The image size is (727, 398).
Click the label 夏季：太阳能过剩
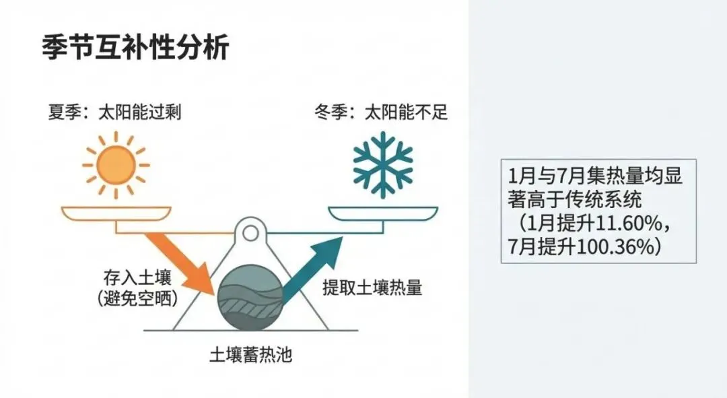coord(114,112)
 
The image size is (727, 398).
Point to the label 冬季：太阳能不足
coord(381,112)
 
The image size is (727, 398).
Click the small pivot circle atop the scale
coord(250,234)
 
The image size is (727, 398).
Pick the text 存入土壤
coord(130,277)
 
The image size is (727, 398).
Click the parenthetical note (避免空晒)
coord(129,298)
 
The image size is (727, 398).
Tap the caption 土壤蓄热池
coord(250,354)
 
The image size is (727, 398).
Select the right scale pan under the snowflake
coord(382,213)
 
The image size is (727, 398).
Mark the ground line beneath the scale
coord(250,331)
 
